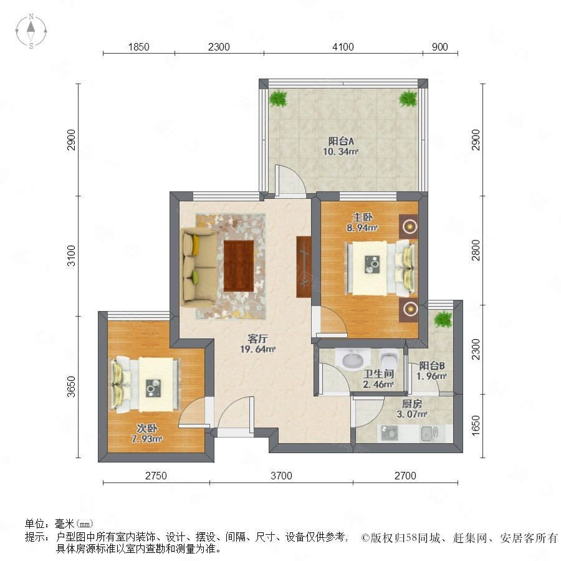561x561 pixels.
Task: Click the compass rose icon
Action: tap(31, 31)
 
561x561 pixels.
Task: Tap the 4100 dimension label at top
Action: tap(343, 47)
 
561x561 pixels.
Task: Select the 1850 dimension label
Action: tap(138, 47)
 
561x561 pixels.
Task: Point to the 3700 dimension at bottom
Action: tap(281, 476)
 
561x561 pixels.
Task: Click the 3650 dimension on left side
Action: tap(72, 386)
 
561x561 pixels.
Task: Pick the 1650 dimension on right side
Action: tap(476, 425)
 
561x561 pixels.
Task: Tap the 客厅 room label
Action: tap(257, 338)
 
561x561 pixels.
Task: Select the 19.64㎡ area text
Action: tap(257, 349)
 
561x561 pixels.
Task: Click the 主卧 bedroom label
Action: tap(362, 217)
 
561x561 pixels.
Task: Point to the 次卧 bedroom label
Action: tap(147, 428)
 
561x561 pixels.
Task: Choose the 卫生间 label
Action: tap(378, 374)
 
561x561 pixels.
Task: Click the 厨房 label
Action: tap(412, 404)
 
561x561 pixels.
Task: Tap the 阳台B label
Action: tap(432, 366)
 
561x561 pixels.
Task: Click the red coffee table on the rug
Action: tap(239, 266)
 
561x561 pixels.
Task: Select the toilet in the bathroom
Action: tap(389, 359)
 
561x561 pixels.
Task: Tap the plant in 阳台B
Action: tap(443, 319)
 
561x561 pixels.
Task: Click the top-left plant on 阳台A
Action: tap(279, 98)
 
